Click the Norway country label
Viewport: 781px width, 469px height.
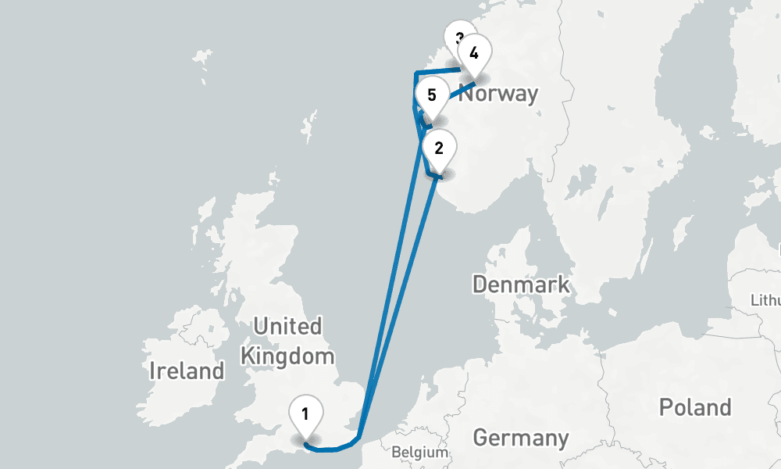click(498, 94)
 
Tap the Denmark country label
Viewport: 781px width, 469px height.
click(521, 284)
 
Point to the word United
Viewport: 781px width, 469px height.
click(287, 326)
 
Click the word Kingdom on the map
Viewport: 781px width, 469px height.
click(287, 356)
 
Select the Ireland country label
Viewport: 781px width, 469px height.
click(187, 371)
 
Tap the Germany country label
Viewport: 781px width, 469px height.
click(521, 438)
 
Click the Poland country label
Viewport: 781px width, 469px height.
click(695, 407)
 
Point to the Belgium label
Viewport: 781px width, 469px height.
click(420, 452)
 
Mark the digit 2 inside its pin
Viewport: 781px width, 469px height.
click(439, 147)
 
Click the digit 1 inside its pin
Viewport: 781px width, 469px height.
click(305, 412)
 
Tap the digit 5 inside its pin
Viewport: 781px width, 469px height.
click(432, 95)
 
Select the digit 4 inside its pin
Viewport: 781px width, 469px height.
click(474, 53)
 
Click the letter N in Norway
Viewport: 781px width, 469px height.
click(465, 94)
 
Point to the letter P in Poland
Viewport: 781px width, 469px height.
click(666, 407)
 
